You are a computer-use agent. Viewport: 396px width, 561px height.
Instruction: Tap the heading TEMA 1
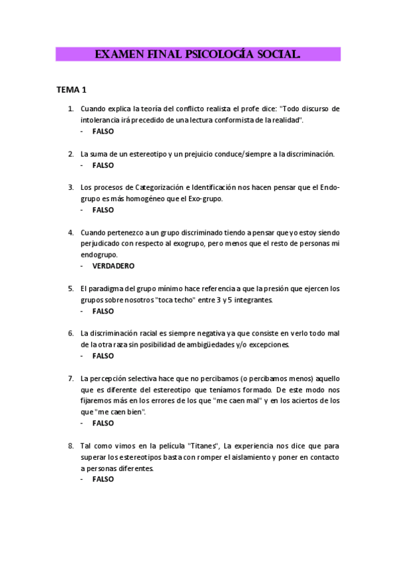tap(71, 89)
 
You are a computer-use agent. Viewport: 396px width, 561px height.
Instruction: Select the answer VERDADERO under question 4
tap(113, 266)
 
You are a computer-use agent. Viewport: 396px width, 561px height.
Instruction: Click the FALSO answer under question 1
tap(103, 131)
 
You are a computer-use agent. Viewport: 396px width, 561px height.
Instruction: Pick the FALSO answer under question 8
tap(103, 479)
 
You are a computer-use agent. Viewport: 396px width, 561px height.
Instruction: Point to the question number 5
tap(71, 288)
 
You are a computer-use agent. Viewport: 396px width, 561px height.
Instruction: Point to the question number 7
tap(71, 378)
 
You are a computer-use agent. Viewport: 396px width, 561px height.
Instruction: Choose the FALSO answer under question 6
tap(103, 356)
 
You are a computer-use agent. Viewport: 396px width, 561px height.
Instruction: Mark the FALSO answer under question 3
tap(103, 210)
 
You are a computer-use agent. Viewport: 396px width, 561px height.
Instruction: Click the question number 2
tap(71, 153)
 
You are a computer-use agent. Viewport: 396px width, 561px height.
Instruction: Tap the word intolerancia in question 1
tap(100, 120)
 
